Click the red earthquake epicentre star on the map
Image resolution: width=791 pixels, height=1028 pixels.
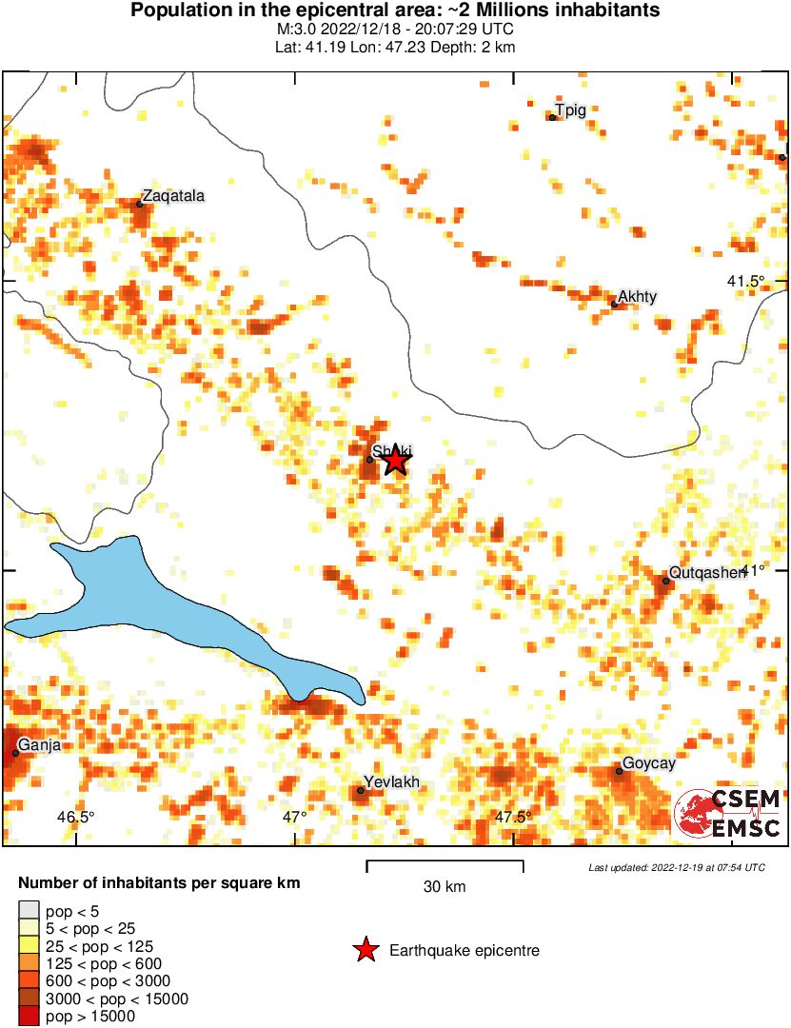pos(396,461)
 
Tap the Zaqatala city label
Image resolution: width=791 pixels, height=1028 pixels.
pos(173,195)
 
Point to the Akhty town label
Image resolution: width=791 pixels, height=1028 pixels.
pos(637,297)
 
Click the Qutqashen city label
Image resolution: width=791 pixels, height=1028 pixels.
pos(705,572)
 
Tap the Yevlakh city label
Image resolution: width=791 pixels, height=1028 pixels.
pos(391,782)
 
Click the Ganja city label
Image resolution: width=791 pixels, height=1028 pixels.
pos(39,745)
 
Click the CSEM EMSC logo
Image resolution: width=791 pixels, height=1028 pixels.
pos(728,814)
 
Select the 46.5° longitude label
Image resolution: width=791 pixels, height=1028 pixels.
pos(75,817)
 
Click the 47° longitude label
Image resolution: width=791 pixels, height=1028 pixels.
pos(294,817)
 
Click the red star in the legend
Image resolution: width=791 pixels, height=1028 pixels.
pos(364,950)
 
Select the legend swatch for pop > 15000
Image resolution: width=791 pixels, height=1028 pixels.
pos(29,1017)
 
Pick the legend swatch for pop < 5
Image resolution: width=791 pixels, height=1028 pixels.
pos(29,912)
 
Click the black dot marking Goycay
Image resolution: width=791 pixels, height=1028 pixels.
pos(619,771)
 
